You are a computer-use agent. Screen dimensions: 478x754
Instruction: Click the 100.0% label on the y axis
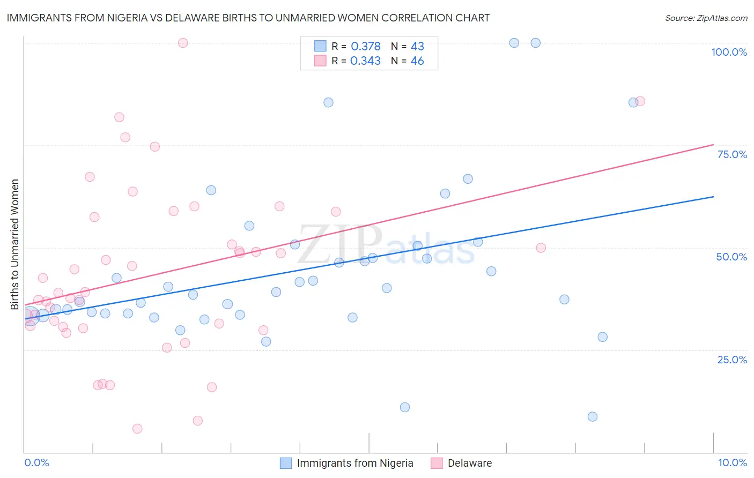coord(729,52)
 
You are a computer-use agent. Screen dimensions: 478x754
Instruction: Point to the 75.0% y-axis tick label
coord(732,154)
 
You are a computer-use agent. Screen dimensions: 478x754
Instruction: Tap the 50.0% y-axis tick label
coord(731,257)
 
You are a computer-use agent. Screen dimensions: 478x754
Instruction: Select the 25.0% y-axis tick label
coord(732,360)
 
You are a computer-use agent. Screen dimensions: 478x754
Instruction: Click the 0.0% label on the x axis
coord(36,462)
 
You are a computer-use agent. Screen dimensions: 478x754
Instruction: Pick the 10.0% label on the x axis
coord(732,462)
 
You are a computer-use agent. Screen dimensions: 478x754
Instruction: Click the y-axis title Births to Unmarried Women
coord(15,244)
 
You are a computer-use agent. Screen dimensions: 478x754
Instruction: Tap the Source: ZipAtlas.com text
coord(706,18)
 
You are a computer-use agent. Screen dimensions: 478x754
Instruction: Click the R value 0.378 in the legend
coord(365,47)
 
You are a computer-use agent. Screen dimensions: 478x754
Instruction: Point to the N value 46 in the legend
coord(417,61)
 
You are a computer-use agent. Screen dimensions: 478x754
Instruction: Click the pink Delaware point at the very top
coord(183,43)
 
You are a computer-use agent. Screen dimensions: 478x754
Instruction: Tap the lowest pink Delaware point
coord(137,429)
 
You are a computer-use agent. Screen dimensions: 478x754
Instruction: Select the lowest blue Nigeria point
coord(593,417)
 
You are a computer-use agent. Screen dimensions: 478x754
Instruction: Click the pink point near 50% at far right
coord(541,248)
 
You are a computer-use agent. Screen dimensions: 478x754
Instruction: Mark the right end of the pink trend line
coord(713,144)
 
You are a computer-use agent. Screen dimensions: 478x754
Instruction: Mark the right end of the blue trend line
coord(713,197)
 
